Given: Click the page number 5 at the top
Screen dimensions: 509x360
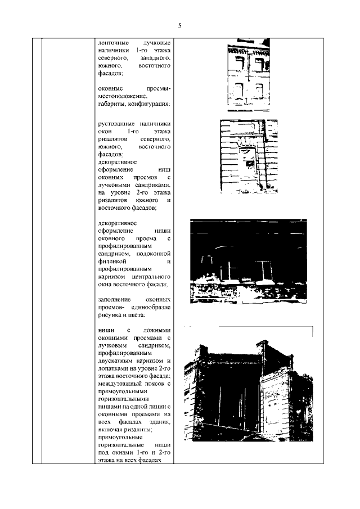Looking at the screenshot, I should [x=180, y=26].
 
